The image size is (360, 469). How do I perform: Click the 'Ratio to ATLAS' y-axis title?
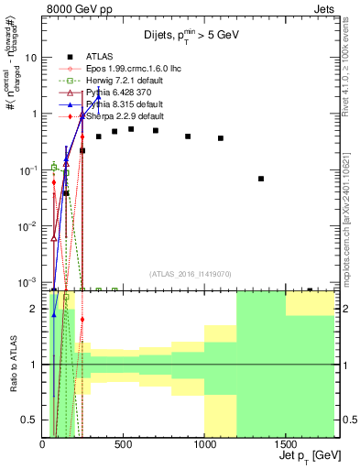pyautogui.click(x=13, y=364)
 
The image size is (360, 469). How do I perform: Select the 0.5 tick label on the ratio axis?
pyautogui.click(x=31, y=420)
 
